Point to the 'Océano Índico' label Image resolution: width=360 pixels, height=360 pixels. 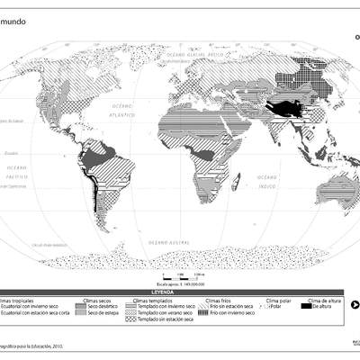(x=266, y=180)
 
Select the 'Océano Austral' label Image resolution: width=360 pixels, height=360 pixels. (x=169, y=243)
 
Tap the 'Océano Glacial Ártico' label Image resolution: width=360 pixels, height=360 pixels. (x=204, y=55)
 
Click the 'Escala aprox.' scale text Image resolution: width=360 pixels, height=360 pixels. (x=181, y=209)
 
